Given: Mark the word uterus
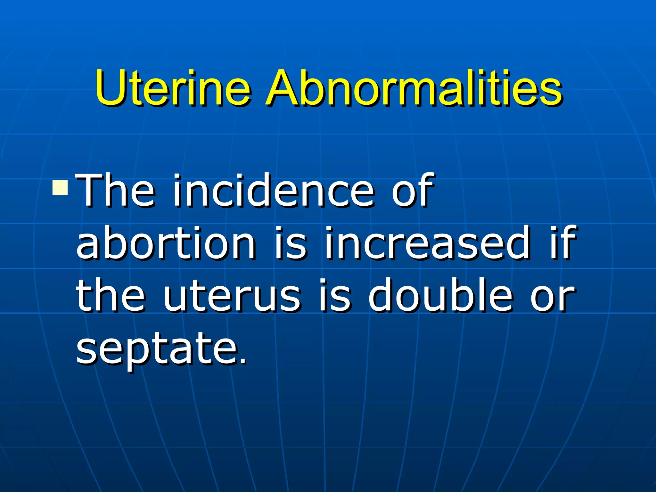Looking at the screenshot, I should (x=232, y=296).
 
